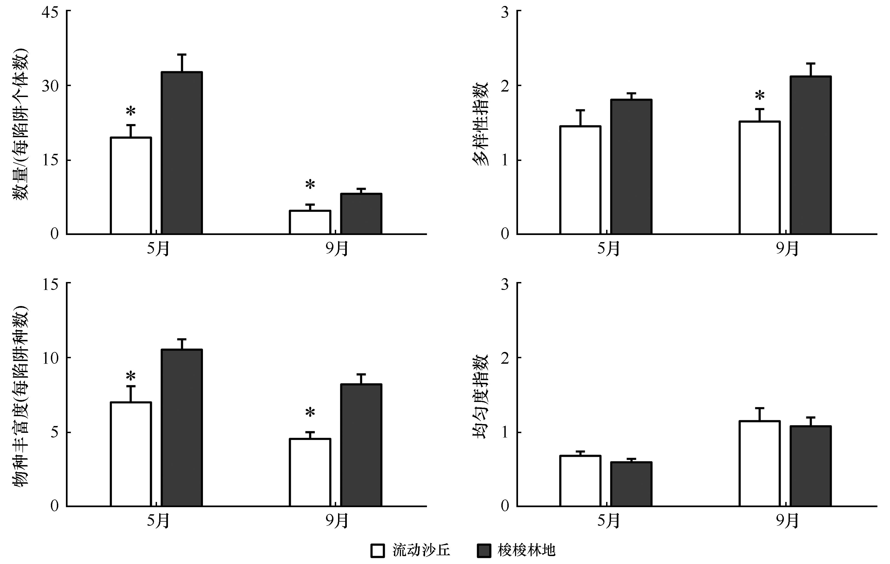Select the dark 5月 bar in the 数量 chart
[x=182, y=153]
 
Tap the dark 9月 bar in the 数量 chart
[x=361, y=214]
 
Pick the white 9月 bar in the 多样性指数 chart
[x=760, y=178]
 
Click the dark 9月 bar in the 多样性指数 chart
[x=810, y=155]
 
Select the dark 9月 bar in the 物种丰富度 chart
[x=361, y=445]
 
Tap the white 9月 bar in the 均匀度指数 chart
[x=760, y=463]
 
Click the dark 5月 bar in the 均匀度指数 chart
[x=631, y=484]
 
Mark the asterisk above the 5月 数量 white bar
[x=131, y=111]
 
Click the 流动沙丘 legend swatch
[x=377, y=550]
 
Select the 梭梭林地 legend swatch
[x=484, y=550]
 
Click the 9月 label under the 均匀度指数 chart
[x=787, y=521]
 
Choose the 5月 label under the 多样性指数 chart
[x=608, y=249]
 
